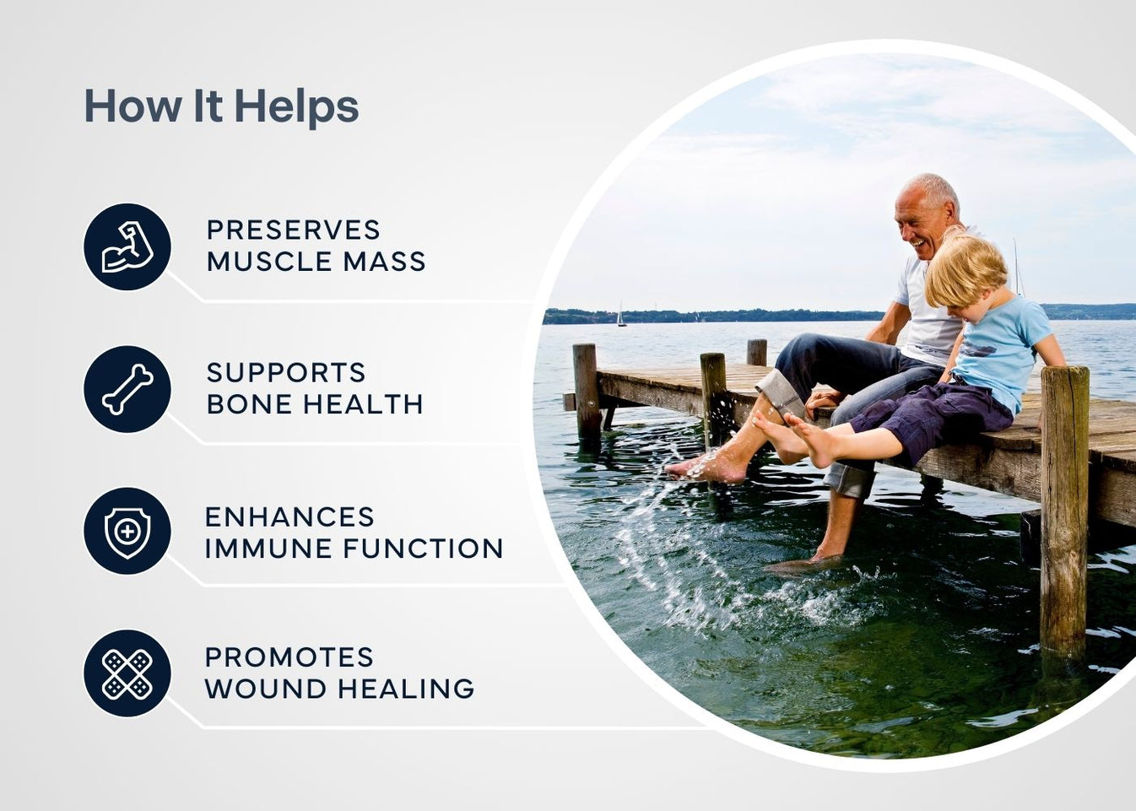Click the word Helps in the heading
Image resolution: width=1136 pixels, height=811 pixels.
[296, 107]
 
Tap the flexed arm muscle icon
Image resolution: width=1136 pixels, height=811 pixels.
[127, 246]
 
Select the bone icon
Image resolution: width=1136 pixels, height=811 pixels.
[127, 389]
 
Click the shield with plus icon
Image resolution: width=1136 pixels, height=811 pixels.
[127, 531]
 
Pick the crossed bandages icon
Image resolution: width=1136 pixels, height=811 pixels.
[127, 673]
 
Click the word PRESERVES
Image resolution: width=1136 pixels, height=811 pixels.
[293, 230]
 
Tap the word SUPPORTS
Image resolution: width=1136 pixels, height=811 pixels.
[286, 372]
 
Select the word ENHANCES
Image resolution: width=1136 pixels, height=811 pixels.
[289, 516]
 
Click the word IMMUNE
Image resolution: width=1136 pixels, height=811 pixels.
[268, 549]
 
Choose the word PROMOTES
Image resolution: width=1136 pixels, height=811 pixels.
[289, 657]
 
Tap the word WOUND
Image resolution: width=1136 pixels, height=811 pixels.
[266, 689]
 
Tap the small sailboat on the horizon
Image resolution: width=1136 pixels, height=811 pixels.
[621, 316]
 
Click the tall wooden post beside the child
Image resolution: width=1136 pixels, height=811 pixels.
[1063, 506]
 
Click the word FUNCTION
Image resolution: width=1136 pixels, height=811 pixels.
[423, 549]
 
